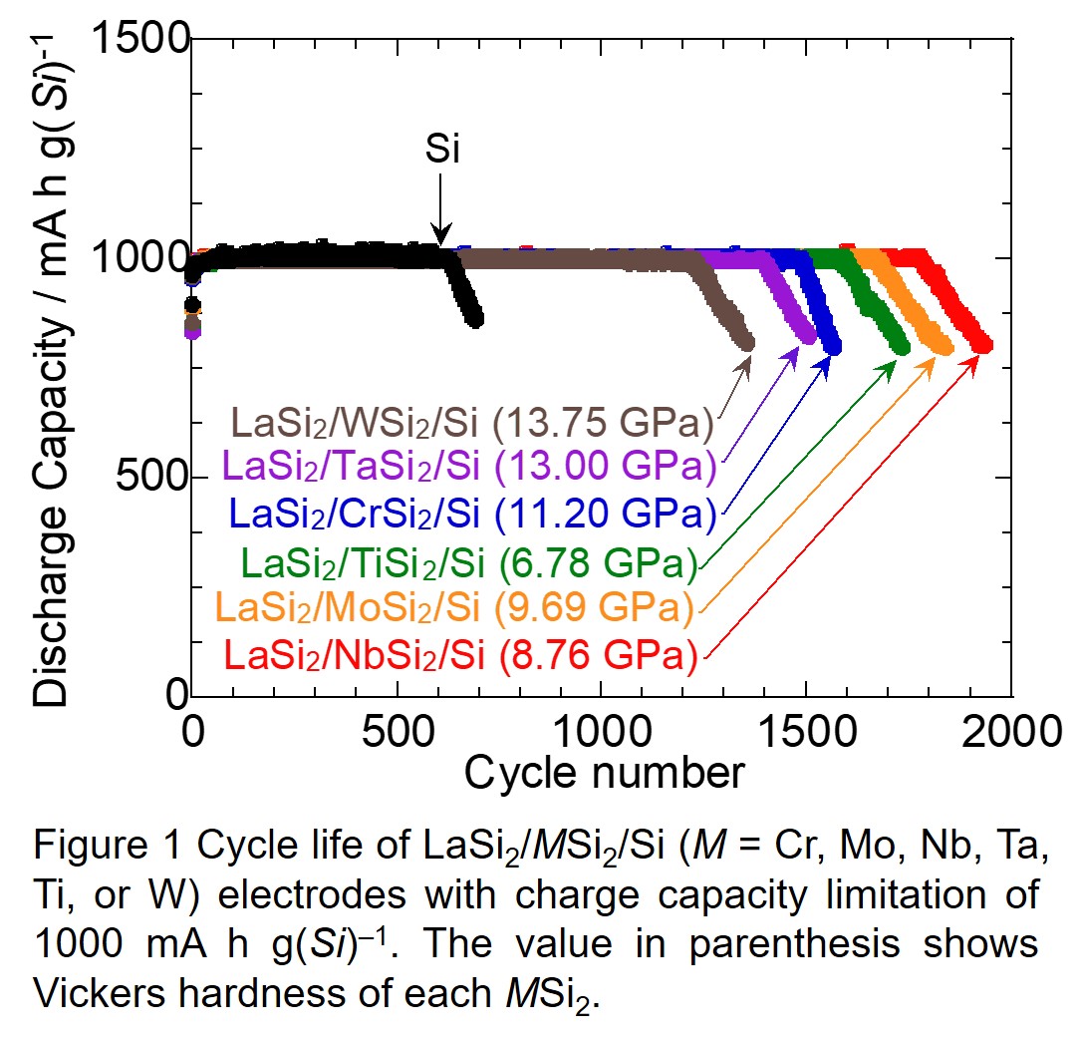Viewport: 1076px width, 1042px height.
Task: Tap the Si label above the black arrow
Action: pos(442,150)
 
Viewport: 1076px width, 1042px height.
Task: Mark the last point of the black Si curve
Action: pos(475,319)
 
